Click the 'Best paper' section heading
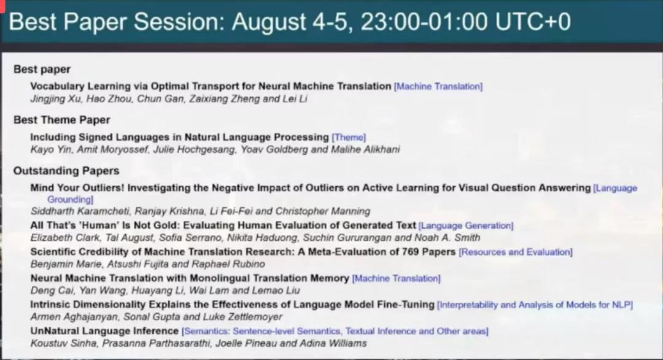(42, 69)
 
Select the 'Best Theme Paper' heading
(62, 120)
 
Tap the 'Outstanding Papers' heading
(66, 171)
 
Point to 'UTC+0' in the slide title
(533, 22)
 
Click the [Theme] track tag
(349, 138)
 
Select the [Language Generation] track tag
(466, 225)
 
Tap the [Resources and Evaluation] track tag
(516, 252)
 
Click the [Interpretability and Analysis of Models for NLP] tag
(535, 305)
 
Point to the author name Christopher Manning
(323, 211)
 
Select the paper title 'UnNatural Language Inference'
(104, 331)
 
